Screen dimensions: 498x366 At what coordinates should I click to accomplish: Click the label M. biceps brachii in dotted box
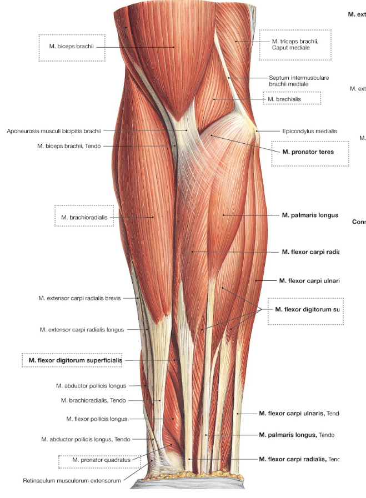pyautogui.click(x=71, y=48)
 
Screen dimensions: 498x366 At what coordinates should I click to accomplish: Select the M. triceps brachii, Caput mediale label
pyautogui.click(x=290, y=44)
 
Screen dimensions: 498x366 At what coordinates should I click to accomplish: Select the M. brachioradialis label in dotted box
pyautogui.click(x=84, y=217)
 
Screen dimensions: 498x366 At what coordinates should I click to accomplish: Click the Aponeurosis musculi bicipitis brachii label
pyautogui.click(x=54, y=131)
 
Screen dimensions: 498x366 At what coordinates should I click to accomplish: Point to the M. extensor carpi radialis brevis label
pyautogui.click(x=79, y=298)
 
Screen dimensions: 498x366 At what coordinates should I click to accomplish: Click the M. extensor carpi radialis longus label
pyautogui.click(x=82, y=329)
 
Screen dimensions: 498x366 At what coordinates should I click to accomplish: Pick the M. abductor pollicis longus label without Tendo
pyautogui.click(x=91, y=385)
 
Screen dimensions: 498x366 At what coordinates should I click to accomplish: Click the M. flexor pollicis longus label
pyautogui.click(x=97, y=419)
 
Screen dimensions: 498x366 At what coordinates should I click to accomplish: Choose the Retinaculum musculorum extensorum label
pyautogui.click(x=72, y=481)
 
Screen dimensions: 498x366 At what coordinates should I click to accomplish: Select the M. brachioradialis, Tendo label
pyautogui.click(x=93, y=400)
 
